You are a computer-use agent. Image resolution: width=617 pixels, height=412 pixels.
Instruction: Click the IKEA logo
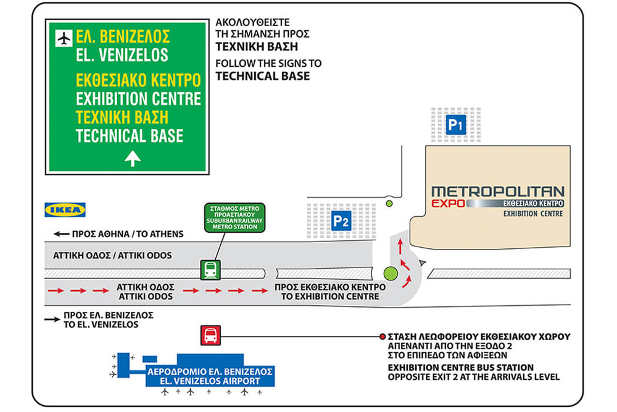click(65, 210)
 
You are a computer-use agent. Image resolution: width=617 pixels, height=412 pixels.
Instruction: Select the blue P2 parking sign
click(342, 221)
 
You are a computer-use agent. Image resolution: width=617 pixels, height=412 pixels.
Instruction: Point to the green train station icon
click(210, 269)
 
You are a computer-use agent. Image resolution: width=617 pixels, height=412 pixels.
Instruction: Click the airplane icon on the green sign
click(63, 38)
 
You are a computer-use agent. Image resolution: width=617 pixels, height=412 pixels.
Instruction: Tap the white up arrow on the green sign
click(133, 159)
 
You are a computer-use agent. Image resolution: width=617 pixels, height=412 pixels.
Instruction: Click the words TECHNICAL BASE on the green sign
click(130, 136)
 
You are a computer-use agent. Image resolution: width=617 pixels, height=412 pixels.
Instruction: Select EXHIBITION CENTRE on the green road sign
click(138, 98)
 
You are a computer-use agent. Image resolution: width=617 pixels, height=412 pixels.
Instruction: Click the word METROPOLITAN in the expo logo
click(498, 191)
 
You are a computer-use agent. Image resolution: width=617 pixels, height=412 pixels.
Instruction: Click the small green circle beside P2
click(389, 203)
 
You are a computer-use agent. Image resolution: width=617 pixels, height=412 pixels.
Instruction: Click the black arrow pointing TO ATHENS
click(61, 234)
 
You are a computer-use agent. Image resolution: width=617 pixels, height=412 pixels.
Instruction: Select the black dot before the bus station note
click(381, 337)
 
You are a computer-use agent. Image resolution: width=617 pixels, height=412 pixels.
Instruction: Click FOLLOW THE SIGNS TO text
click(268, 63)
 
